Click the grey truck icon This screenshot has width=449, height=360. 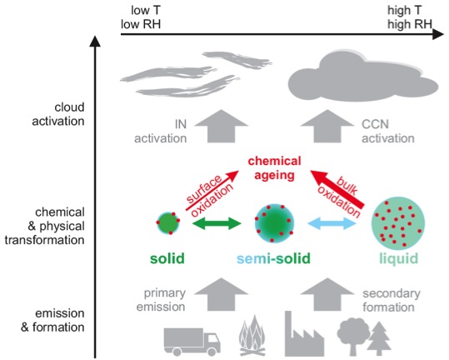(192, 342)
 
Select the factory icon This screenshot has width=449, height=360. (304, 335)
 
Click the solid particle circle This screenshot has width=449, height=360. (168, 222)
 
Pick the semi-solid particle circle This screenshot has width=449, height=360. (274, 223)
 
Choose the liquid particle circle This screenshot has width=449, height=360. (398, 223)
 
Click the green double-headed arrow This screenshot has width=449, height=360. (217, 223)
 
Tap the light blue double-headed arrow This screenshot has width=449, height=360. (332, 223)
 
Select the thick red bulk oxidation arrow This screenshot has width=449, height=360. (337, 189)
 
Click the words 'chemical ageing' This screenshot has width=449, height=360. (274, 168)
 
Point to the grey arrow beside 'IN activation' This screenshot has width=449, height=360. (221, 126)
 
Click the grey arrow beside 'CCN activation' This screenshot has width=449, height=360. (327, 126)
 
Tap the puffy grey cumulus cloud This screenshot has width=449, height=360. (362, 77)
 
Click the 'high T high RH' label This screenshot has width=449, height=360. (410, 17)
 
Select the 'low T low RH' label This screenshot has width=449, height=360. (141, 17)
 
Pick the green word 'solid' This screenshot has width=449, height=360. (167, 258)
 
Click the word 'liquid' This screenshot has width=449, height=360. (398, 259)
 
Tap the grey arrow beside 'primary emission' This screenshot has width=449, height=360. (221, 294)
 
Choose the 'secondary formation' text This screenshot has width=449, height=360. (392, 300)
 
